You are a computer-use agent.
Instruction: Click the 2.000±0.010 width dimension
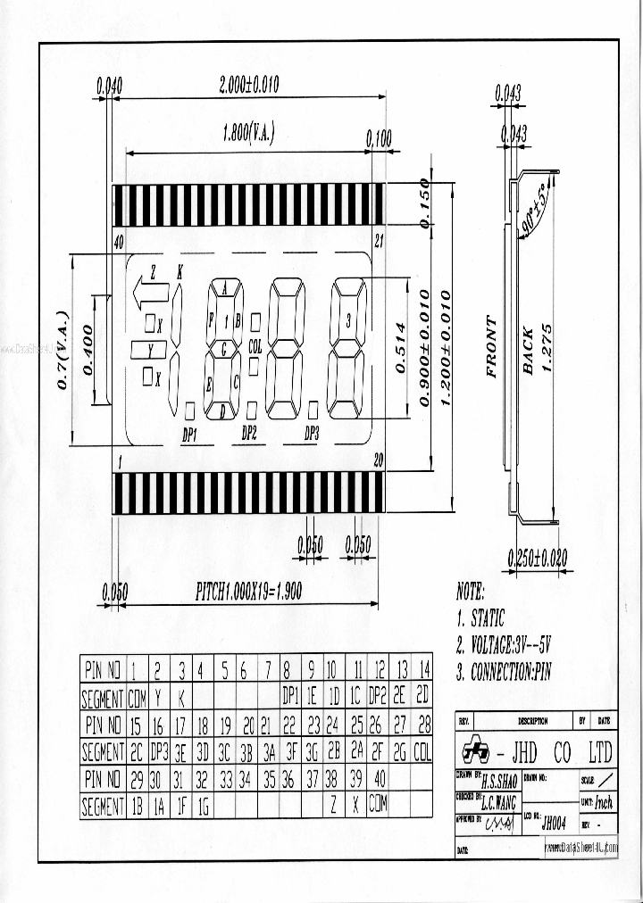pos(248,85)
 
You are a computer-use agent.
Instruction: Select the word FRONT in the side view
pos(491,346)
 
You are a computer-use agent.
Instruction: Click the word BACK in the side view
pos(528,349)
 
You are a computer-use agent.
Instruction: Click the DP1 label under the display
pos(189,434)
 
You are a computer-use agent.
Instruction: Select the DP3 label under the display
pos(312,434)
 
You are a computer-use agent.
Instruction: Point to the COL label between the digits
pos(255,346)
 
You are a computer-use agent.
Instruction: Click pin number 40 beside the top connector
pos(119,242)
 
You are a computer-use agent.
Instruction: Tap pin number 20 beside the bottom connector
pos(378,460)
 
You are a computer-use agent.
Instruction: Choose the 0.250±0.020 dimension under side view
pos(537,559)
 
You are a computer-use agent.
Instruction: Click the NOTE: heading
pos(471,592)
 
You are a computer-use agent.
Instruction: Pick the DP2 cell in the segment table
pos(377,695)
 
